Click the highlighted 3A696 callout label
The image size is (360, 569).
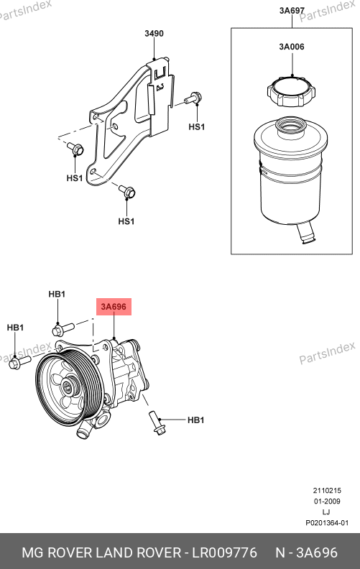point(114,307)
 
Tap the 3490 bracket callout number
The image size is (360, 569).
point(154,33)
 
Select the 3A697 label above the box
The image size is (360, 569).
point(292,11)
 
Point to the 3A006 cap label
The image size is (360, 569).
point(292,47)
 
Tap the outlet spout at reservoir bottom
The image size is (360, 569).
point(306,233)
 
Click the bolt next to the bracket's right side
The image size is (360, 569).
point(193,98)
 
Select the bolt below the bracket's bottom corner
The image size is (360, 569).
point(127,191)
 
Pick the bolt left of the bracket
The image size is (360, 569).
point(75,149)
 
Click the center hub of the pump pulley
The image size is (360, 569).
point(68,387)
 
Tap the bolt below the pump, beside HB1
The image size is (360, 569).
point(157,423)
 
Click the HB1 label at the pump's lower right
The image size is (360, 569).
point(195,420)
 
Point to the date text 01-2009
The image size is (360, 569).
point(327,501)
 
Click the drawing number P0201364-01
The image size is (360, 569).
point(327,523)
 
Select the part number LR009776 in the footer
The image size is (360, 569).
point(224,552)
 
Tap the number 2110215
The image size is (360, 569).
point(327,491)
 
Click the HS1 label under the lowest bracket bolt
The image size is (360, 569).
point(126,221)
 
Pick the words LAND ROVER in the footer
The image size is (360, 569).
point(138,552)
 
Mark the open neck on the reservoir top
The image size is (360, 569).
point(292,127)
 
